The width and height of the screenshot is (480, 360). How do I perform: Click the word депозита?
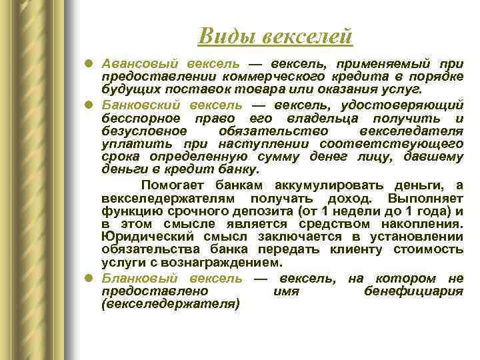click(x=250, y=211)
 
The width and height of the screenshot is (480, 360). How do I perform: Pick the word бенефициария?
click(x=413, y=291)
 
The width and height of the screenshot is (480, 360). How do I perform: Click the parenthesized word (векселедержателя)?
click(x=170, y=304)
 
